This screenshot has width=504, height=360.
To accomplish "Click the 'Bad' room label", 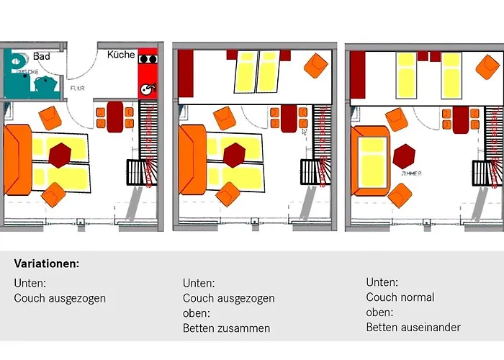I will coord(41,56).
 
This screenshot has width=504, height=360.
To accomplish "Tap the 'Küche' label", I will coord(121,55).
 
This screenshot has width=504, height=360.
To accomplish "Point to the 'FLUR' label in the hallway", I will coord(78,89).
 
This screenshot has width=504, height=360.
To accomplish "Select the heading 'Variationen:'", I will coord(47,264).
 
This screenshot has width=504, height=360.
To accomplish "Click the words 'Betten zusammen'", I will coord(227,328).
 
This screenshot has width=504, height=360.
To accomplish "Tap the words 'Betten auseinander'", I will coord(413,328).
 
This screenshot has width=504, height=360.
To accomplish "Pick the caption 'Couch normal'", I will coord(400,297).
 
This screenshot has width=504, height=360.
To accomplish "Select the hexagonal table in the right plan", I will coord(405,155).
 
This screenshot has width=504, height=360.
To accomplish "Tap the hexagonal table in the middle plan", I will coord(235,154).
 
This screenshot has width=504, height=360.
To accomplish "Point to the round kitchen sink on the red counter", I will coord(146,89).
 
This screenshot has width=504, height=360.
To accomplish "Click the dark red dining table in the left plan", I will coord(114,117).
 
